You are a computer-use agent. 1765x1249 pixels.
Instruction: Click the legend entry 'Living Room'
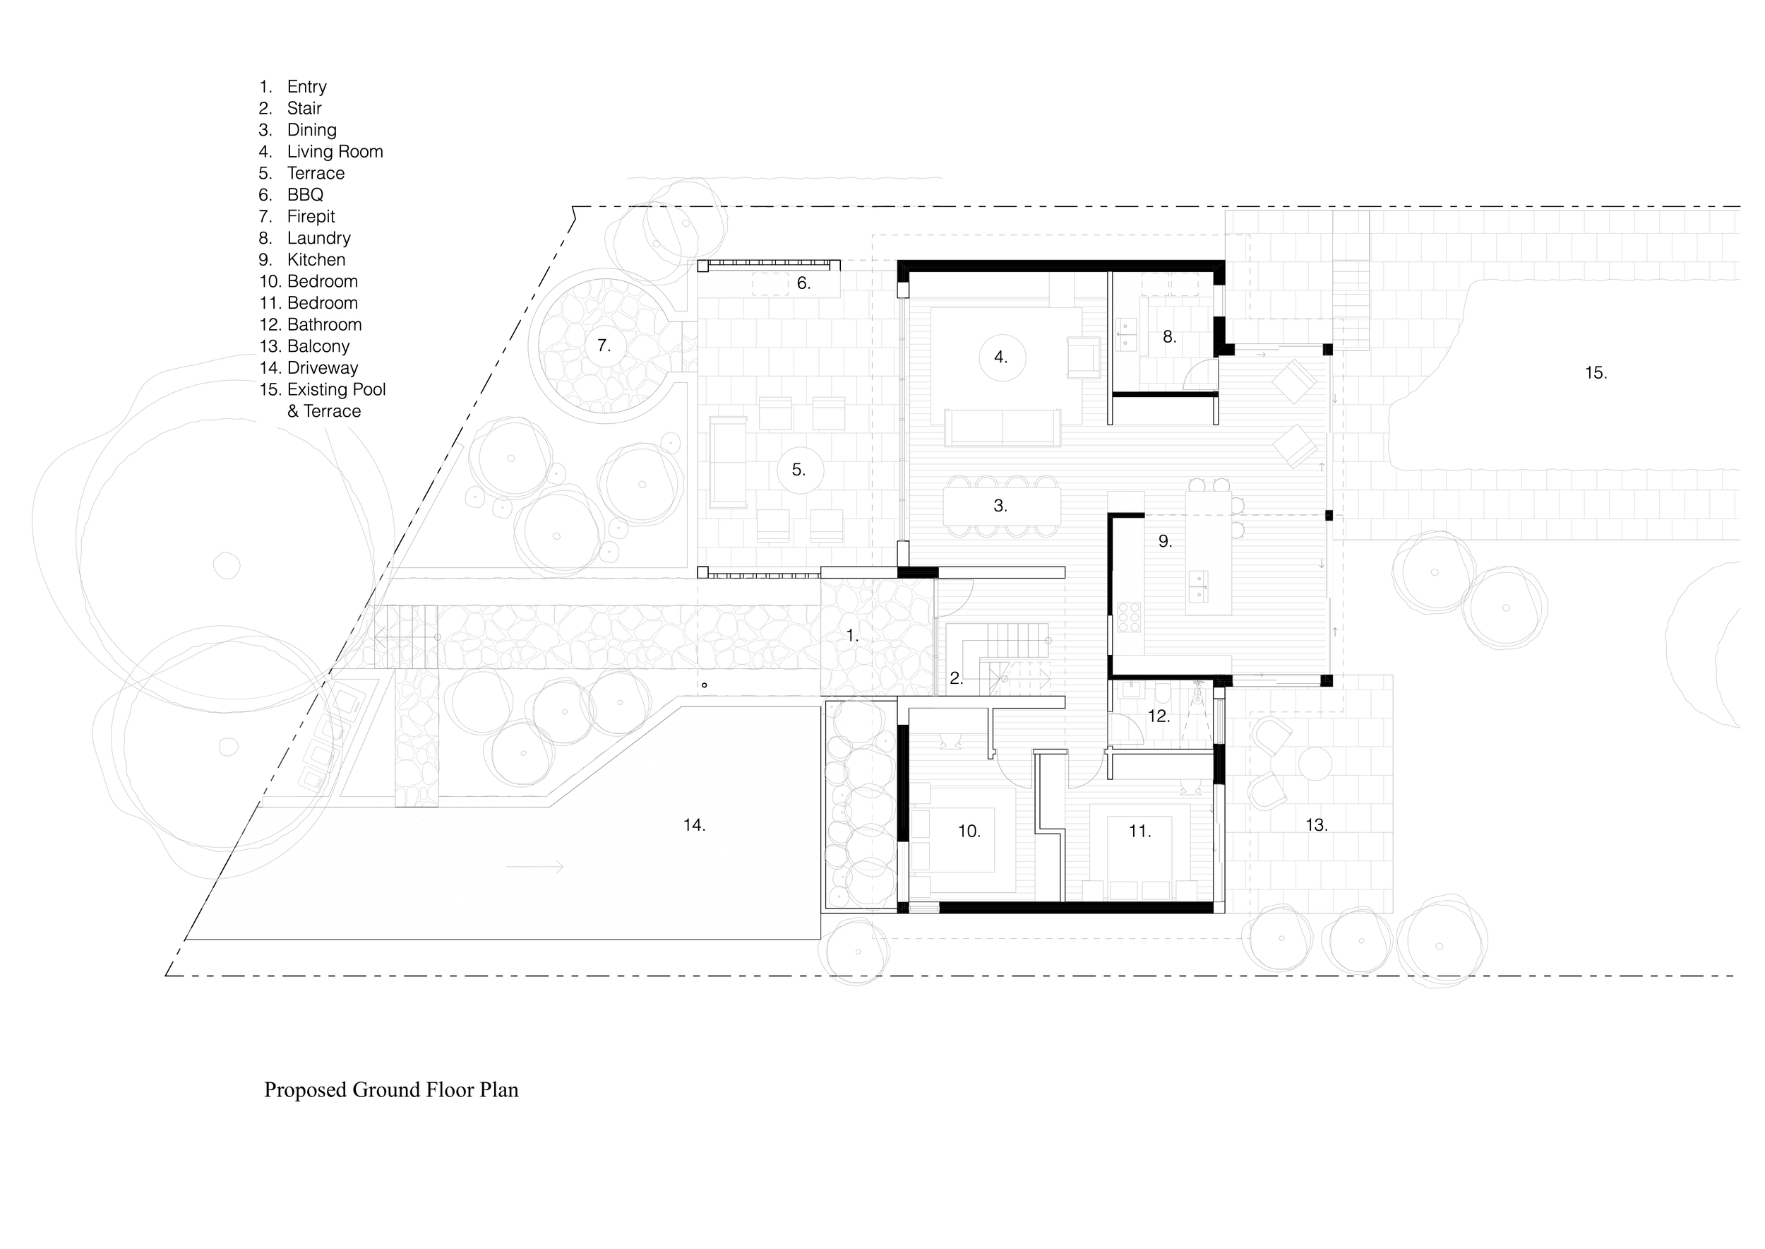(335, 151)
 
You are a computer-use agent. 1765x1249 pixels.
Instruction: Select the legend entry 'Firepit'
(311, 217)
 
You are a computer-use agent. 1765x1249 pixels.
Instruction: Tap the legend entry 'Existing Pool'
(336, 390)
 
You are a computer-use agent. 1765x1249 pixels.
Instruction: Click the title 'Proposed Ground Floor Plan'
(391, 1090)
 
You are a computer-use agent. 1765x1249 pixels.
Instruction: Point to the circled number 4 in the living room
(1002, 357)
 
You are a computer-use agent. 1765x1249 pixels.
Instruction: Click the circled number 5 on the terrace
(799, 470)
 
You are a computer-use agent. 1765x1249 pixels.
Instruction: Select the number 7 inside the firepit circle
(604, 346)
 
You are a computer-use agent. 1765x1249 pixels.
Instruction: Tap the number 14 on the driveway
(694, 825)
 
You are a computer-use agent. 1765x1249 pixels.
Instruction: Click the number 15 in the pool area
(1596, 373)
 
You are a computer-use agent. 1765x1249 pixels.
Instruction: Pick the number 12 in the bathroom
(1159, 716)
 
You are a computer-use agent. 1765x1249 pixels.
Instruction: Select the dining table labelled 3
(1002, 506)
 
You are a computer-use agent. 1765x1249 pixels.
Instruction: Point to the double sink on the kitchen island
(1197, 587)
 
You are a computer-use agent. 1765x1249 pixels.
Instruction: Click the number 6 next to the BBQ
(803, 284)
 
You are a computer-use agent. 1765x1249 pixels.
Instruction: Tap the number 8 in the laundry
(1169, 337)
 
